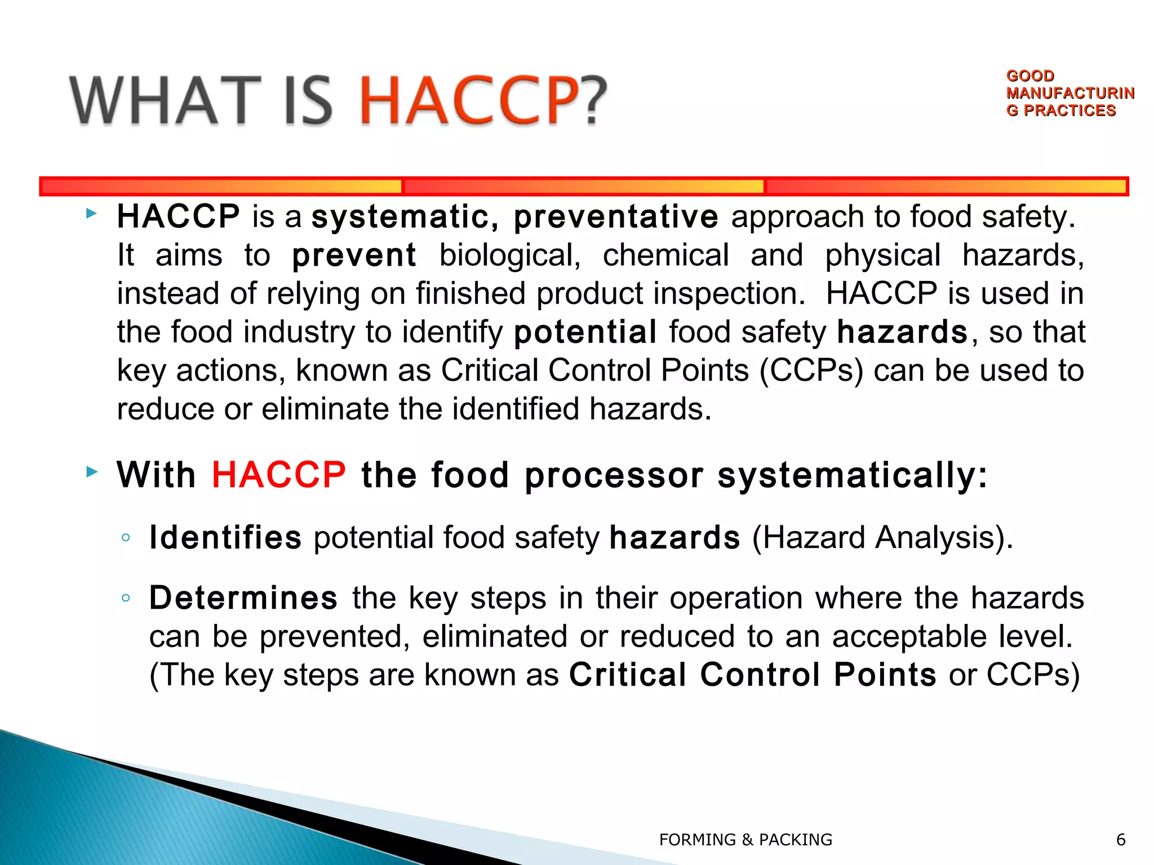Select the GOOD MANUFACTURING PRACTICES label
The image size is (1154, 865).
[x=1069, y=93]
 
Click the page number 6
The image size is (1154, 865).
[x=1121, y=840]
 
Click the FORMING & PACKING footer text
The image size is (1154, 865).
[x=745, y=840]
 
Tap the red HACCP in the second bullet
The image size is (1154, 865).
[x=278, y=474]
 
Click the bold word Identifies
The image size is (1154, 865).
[x=225, y=537]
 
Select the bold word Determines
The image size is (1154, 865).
[x=243, y=598]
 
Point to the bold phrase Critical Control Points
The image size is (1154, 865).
[x=752, y=675]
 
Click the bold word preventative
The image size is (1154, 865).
[x=615, y=217]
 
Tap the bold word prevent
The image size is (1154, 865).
[x=354, y=255]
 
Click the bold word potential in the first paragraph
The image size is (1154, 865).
[x=585, y=332]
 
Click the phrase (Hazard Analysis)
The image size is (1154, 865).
[x=882, y=537]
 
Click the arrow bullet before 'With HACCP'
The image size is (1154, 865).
[x=92, y=472]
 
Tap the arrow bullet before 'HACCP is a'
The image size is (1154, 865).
[x=92, y=213]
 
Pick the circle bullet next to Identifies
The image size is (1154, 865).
[x=126, y=537]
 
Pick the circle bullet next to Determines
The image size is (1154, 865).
[x=126, y=598]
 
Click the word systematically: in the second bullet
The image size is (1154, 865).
[x=852, y=474]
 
